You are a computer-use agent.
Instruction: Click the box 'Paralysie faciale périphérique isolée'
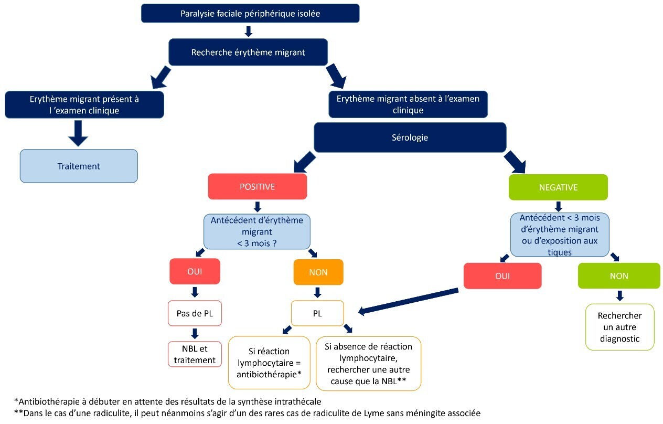click(x=250, y=14)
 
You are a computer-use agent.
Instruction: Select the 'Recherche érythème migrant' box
click(x=248, y=52)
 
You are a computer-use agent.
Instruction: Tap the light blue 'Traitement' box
click(x=79, y=166)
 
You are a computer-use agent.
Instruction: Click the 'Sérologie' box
click(x=410, y=137)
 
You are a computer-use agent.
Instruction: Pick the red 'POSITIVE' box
click(x=257, y=187)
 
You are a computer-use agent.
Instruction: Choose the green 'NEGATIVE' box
click(x=558, y=187)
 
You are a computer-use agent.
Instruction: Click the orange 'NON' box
click(x=318, y=272)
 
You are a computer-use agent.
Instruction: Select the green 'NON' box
click(x=619, y=276)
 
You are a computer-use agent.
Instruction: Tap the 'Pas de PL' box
click(x=195, y=314)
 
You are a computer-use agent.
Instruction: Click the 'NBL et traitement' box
click(x=195, y=354)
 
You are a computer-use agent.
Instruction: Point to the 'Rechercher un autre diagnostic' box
click(x=619, y=327)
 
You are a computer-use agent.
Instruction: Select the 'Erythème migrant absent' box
click(x=408, y=104)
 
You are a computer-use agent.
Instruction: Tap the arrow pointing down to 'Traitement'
click(x=78, y=134)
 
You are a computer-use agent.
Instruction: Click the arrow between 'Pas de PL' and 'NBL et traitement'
click(x=195, y=334)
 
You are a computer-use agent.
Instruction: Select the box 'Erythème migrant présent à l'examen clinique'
click(x=84, y=104)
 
